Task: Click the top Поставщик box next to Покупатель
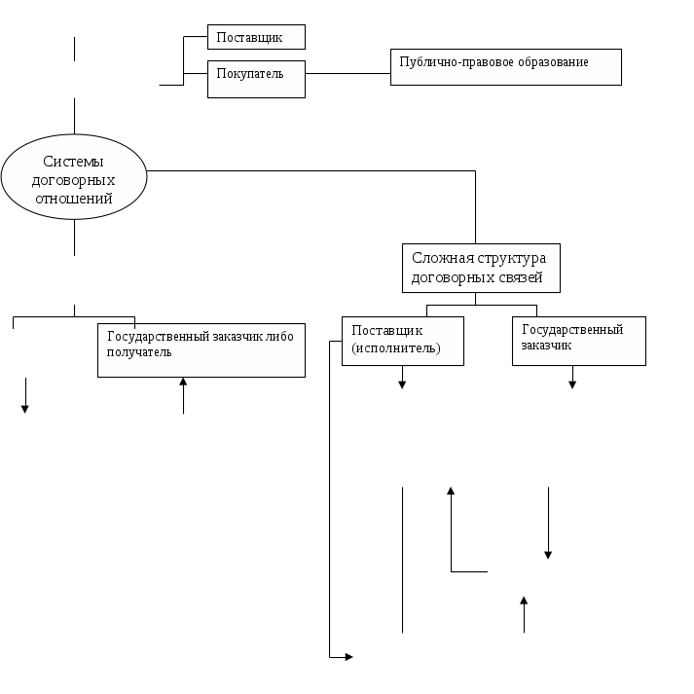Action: pyautogui.click(x=257, y=37)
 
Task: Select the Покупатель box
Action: pyautogui.click(x=257, y=79)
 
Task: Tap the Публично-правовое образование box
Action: pyautogui.click(x=505, y=67)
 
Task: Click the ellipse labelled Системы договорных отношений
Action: pyautogui.click(x=74, y=180)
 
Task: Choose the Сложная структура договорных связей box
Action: pyautogui.click(x=481, y=268)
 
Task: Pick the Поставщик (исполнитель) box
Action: pyautogui.click(x=402, y=340)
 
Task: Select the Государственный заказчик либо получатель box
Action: pyautogui.click(x=201, y=349)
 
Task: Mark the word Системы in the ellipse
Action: pyautogui.click(x=74, y=163)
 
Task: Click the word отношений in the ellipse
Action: pyautogui.click(x=75, y=198)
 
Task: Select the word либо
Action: pyautogui.click(x=280, y=336)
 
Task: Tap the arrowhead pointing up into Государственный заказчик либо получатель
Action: pyautogui.click(x=183, y=383)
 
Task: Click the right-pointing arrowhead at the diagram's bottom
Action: pyautogui.click(x=347, y=658)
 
